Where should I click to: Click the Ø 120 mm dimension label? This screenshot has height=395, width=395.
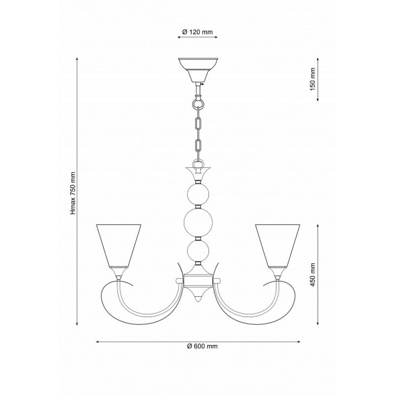tap(197, 32)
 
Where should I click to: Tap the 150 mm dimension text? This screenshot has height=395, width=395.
tap(313, 79)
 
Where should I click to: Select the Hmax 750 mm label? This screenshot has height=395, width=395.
tap(73, 193)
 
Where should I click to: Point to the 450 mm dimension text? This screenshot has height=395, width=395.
tap(313, 275)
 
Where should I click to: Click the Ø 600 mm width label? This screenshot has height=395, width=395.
tap(202, 346)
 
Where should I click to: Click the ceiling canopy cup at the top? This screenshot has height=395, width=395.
tap(198, 70)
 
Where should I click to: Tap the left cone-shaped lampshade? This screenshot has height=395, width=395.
tap(118, 245)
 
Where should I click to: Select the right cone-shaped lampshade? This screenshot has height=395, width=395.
tap(277, 245)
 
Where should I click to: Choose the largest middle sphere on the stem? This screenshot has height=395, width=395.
tap(198, 223)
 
